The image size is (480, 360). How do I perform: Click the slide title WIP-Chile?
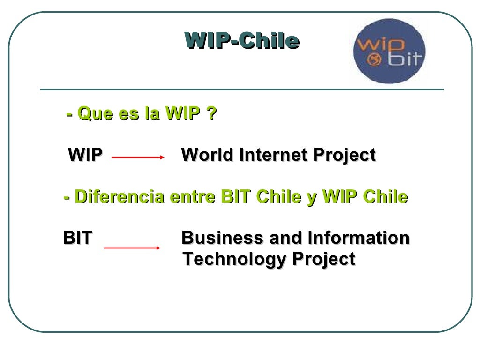point(241,41)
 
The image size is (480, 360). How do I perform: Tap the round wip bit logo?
point(389,52)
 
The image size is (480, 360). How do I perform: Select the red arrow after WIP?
point(138,157)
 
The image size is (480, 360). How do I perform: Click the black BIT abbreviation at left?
point(78,238)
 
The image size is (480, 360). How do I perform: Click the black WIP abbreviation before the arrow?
point(85,155)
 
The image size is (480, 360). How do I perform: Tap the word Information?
point(358,238)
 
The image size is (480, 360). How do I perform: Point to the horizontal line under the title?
point(241,89)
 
